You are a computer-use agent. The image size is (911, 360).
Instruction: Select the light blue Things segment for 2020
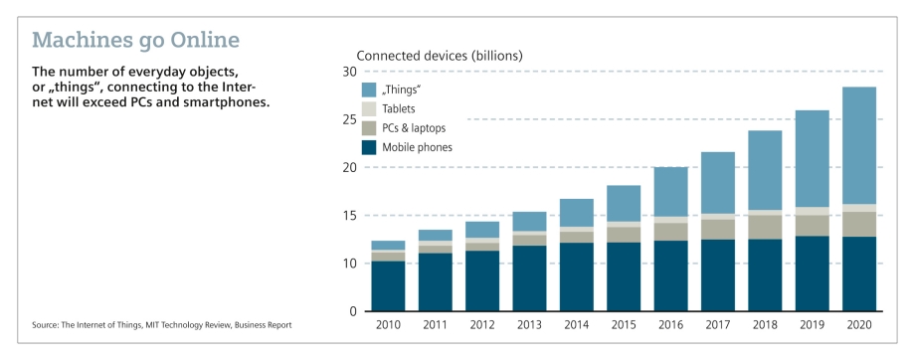858,145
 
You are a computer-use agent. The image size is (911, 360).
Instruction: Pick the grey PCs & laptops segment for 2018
765,228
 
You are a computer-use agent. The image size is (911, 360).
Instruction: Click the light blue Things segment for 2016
670,192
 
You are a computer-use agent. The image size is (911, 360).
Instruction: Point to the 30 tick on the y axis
349,72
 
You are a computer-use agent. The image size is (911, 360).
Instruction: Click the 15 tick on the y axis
349,216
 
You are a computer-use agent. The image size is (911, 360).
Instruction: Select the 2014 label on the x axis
576,324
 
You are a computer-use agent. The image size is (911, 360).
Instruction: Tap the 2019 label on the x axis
812,324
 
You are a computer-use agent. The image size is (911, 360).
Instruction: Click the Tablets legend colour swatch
369,108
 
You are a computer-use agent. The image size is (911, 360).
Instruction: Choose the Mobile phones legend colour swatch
369,147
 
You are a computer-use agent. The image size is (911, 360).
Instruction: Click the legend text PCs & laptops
414,128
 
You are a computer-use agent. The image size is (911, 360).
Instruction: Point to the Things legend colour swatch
369,90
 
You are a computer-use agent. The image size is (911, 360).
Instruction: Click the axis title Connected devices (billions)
439,55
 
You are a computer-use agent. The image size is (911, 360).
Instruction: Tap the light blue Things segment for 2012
482,230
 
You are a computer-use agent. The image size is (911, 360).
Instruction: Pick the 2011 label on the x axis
435,324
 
